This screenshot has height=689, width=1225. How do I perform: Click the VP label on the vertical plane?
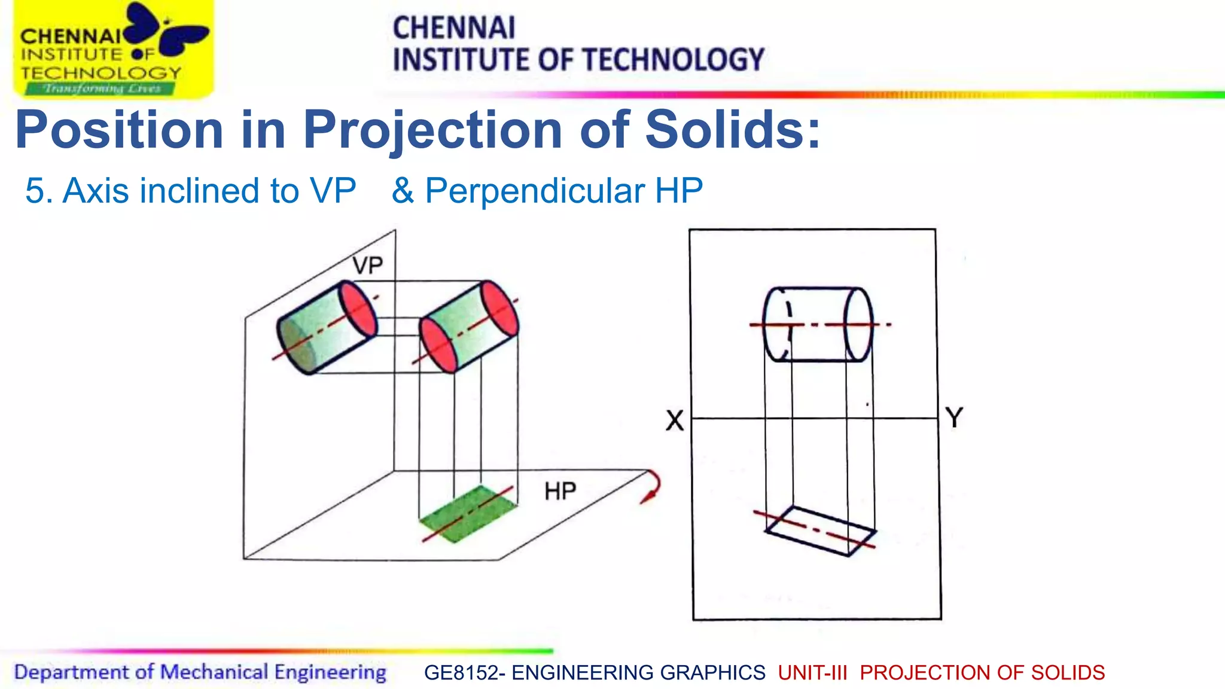click(367, 266)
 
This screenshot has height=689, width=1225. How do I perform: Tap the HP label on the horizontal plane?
click(560, 492)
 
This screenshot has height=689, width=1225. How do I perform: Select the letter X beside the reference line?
click(675, 420)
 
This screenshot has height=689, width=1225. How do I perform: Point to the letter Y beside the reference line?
click(954, 417)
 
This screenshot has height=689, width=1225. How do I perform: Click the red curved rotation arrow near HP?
click(653, 486)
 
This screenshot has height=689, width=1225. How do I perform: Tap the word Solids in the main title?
click(732, 130)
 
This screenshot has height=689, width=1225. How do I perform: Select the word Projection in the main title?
click(432, 131)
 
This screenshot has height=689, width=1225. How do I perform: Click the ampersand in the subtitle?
click(403, 191)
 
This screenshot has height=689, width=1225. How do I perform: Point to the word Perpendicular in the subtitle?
click(535, 191)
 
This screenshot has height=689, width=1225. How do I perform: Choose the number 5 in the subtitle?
click(35, 191)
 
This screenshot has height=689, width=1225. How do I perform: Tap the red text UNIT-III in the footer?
click(812, 673)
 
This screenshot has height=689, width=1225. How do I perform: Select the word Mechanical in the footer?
click(214, 672)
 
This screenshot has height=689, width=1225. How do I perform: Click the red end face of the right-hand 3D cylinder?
click(499, 308)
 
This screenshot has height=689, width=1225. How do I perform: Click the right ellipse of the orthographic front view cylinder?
click(858, 325)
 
